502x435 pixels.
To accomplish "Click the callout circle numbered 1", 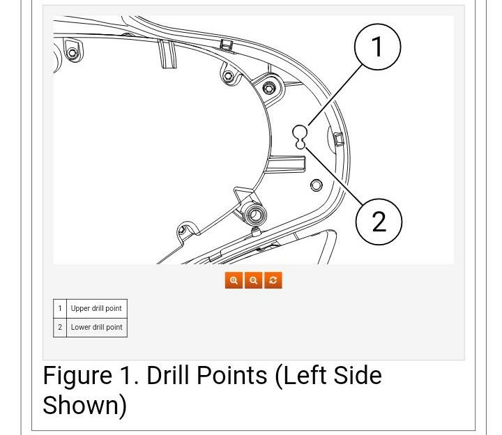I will click(378, 48).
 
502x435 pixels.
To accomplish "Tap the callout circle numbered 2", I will click(379, 222).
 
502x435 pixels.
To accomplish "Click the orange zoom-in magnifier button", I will click(234, 280).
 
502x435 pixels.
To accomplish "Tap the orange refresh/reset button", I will click(273, 280).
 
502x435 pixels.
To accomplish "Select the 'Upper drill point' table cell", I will click(96, 308).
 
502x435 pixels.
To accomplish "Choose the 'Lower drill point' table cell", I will click(96, 327).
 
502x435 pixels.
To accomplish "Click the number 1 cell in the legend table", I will click(60, 308).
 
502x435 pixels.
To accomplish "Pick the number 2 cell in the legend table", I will click(60, 327).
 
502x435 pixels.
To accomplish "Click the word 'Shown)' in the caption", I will click(84, 405).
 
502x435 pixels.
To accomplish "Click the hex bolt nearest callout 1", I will click(269, 88).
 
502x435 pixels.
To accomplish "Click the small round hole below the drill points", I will click(316, 185).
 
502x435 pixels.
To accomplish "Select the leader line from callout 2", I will click(333, 174).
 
